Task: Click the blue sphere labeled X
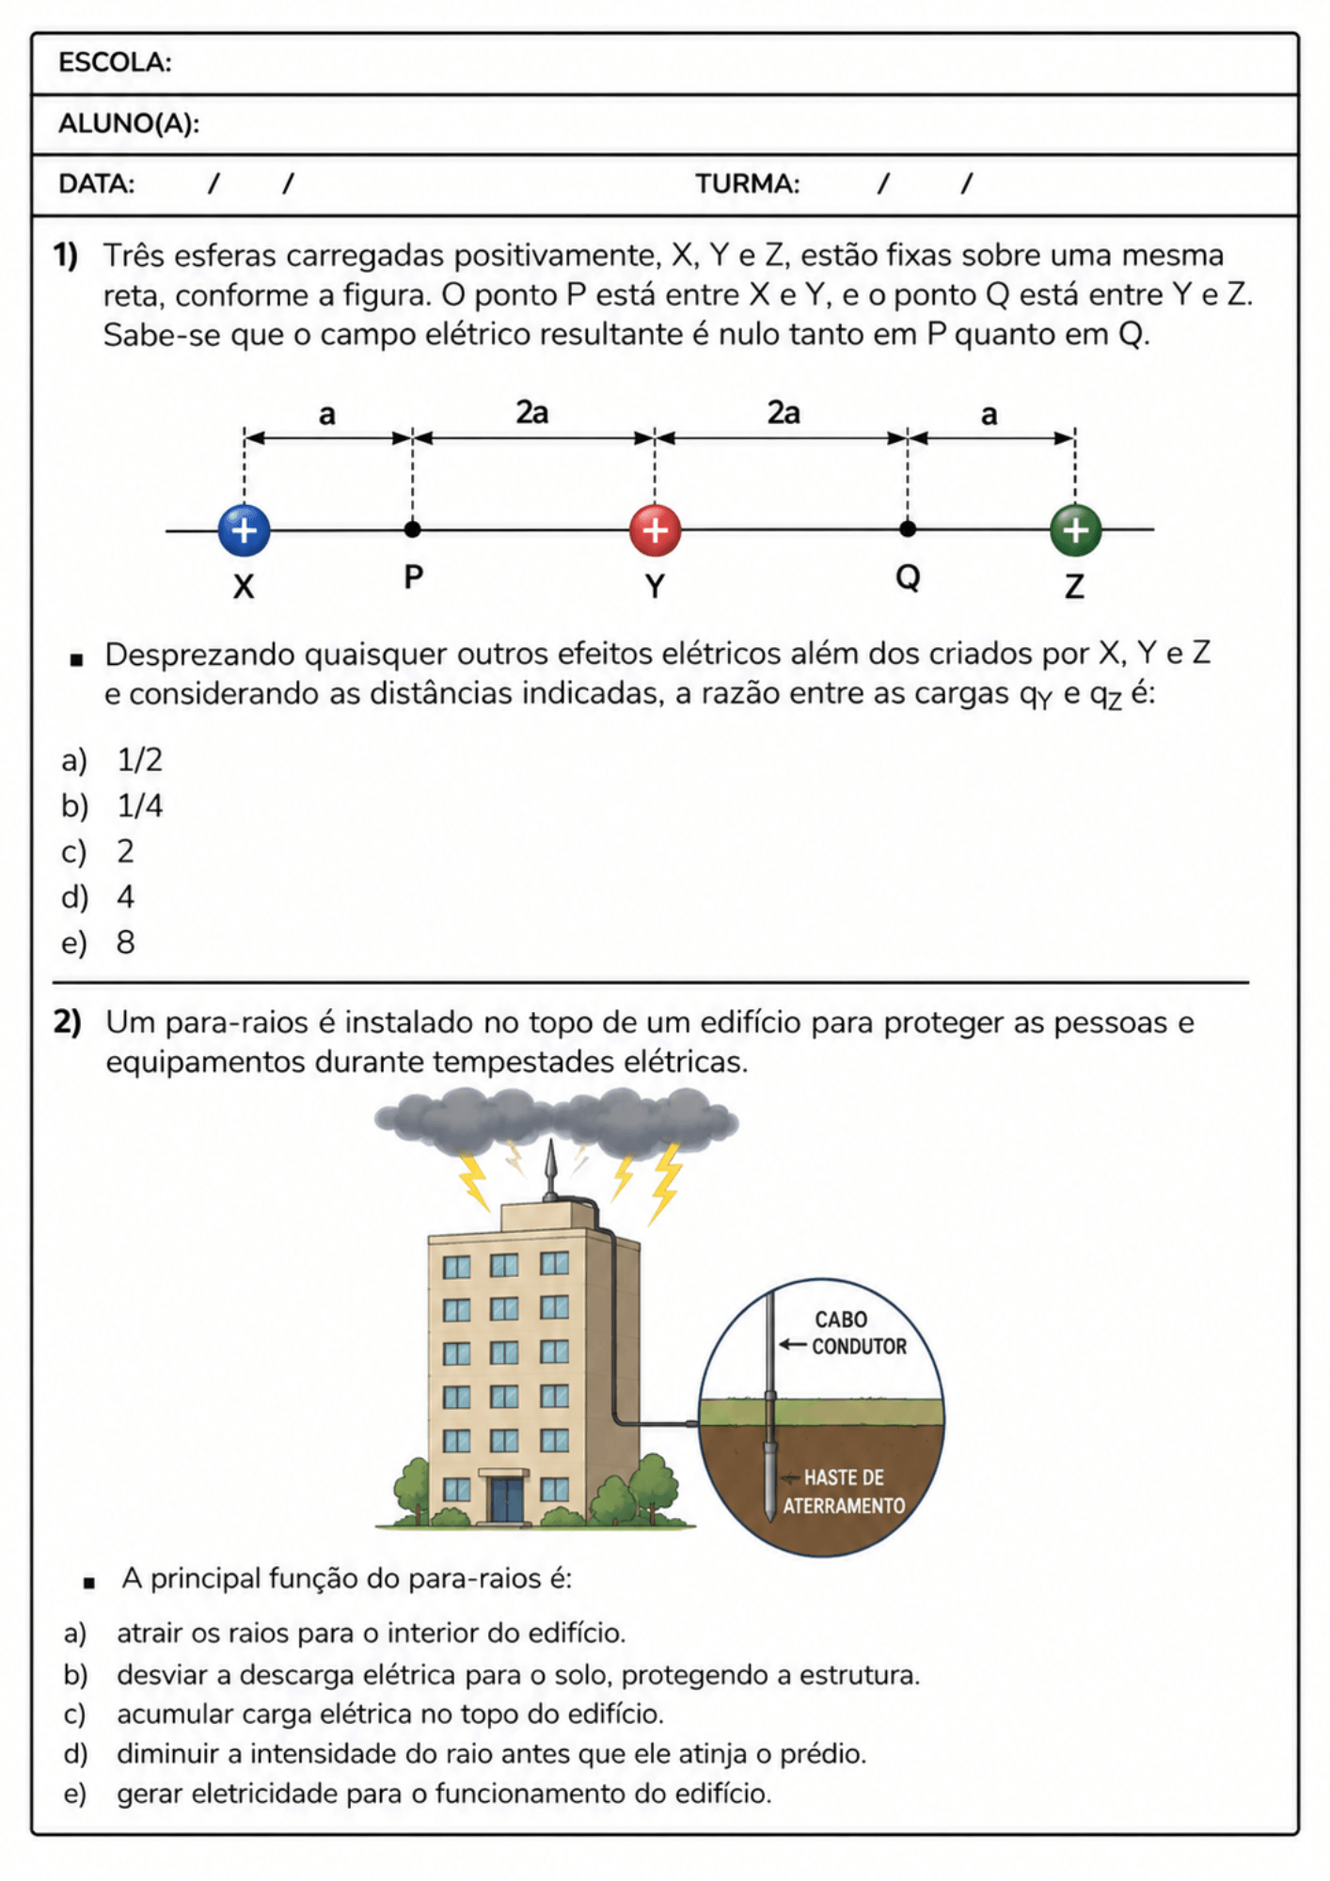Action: [x=244, y=530]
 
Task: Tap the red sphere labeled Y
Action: [x=655, y=530]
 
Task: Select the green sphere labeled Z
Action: [x=1075, y=530]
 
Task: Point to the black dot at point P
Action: [x=412, y=530]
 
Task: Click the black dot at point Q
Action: [x=907, y=529]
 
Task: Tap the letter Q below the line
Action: [x=908, y=577]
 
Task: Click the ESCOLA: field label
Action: [x=115, y=63]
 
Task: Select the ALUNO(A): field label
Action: [x=129, y=123]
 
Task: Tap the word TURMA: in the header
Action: [x=748, y=183]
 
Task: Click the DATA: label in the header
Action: [x=96, y=183]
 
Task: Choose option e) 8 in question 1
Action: [x=99, y=942]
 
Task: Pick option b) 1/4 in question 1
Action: [x=112, y=806]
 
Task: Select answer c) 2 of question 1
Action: [x=98, y=852]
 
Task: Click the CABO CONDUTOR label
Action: [x=859, y=1334]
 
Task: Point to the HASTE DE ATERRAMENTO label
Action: [x=844, y=1492]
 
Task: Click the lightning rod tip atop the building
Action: [x=550, y=1142]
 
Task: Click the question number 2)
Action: [x=67, y=1022]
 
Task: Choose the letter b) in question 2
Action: [x=75, y=1675]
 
